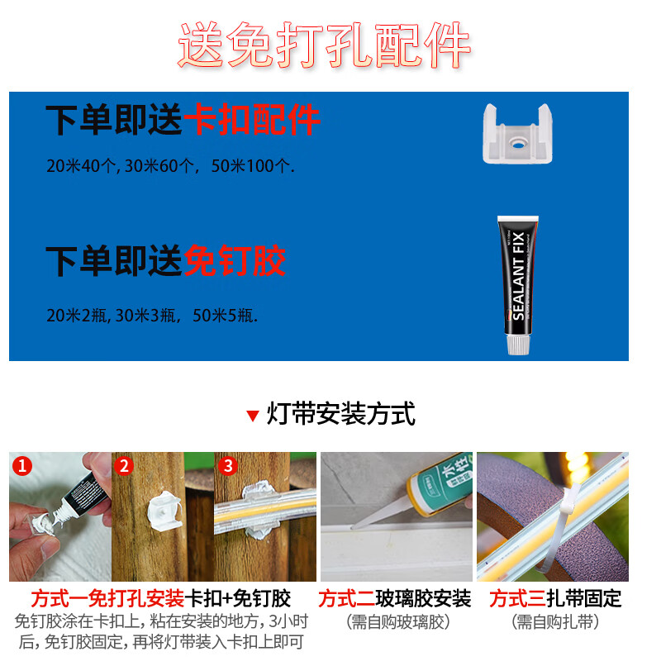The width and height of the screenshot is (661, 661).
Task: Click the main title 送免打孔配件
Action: coord(324,45)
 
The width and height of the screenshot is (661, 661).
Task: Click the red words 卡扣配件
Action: coord(251,121)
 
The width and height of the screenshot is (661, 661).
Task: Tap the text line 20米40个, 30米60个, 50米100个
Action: coord(170,166)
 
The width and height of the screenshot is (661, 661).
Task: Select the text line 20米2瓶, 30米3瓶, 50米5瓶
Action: coord(152,315)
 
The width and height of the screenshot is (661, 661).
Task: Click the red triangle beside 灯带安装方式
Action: coord(253,415)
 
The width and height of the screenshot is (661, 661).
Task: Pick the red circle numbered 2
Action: coord(125,466)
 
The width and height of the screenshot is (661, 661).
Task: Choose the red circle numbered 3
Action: coord(228,466)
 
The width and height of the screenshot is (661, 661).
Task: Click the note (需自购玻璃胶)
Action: coord(395,621)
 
